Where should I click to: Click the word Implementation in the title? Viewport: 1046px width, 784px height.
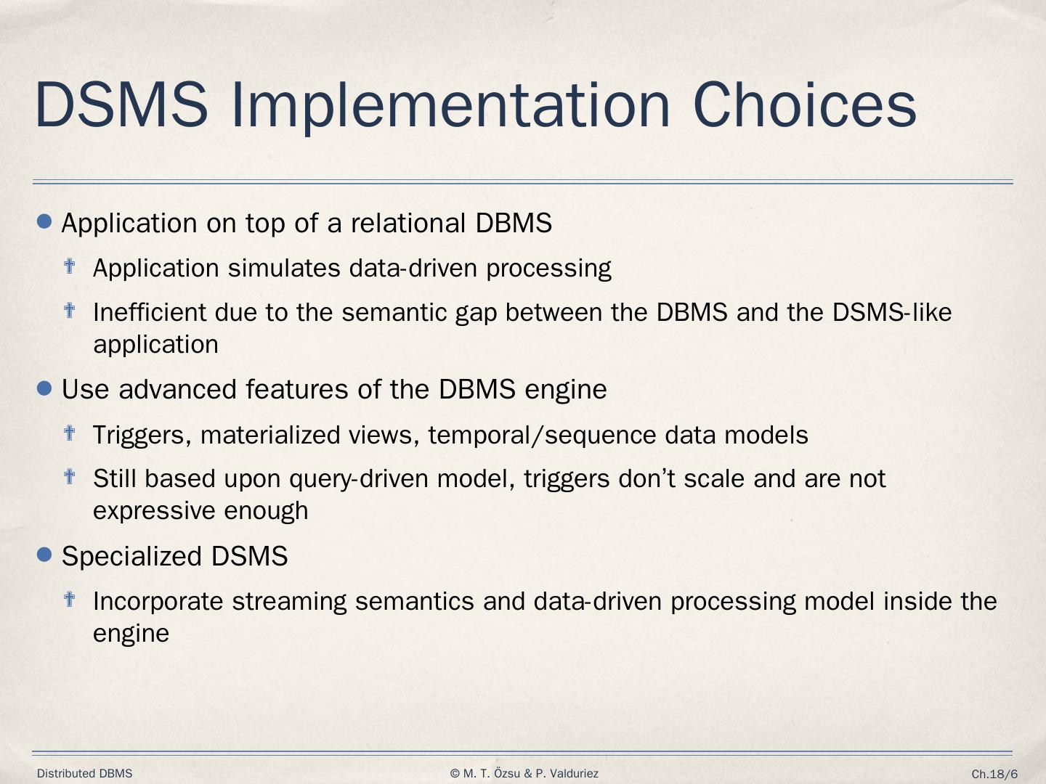pos(451,106)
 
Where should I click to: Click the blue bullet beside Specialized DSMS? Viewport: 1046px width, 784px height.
pos(44,554)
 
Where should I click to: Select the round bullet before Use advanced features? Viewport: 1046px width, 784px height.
pos(44,388)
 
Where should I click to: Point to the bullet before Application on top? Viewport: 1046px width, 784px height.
pos(44,221)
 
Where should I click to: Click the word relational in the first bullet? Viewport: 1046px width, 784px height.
pos(408,222)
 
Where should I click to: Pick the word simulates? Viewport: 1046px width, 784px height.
pos(283,268)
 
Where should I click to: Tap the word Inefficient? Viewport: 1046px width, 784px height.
pos(150,312)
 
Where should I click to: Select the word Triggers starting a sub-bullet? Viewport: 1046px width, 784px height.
pos(142,435)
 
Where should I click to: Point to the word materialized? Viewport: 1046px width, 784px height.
pos(270,435)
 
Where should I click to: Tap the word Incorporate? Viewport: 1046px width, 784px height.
pos(158,602)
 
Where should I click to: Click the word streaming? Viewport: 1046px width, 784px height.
pos(289,602)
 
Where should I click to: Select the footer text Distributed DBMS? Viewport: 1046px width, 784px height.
pos(85,774)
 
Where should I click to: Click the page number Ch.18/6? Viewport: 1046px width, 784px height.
pos(994,774)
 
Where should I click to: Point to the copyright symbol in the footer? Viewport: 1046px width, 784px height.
pos(455,774)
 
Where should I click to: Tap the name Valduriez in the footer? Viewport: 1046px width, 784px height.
pos(574,774)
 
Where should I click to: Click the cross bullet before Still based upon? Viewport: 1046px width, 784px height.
pos(70,476)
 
